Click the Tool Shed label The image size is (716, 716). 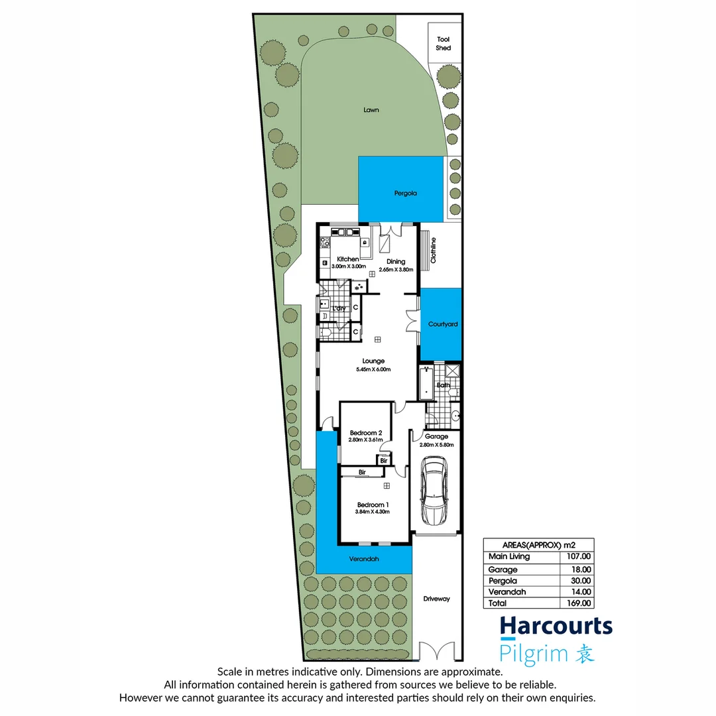443,44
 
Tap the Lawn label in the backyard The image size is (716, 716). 371,110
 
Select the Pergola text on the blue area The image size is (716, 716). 400,194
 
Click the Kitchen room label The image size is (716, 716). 348,259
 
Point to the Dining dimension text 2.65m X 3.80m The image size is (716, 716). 396,270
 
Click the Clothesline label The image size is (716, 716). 434,251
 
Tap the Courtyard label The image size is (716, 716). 443,324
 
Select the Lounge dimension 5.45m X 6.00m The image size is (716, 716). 373,369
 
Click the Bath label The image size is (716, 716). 443,385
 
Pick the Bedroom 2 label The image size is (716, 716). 366,433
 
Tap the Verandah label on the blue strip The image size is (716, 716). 364,559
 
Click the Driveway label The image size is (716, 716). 436,599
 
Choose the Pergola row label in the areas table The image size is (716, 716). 503,580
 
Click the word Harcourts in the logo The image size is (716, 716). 556,626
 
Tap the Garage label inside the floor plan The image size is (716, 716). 436,436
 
